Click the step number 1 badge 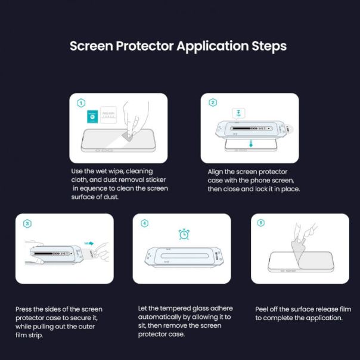[x=80, y=103]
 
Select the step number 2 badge [x=212, y=103]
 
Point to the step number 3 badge [x=26, y=224]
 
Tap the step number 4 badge [x=144, y=224]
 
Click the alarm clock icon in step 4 [x=184, y=235]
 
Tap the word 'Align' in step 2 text [x=217, y=171]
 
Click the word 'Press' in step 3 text [x=25, y=309]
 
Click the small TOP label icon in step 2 [x=238, y=114]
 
